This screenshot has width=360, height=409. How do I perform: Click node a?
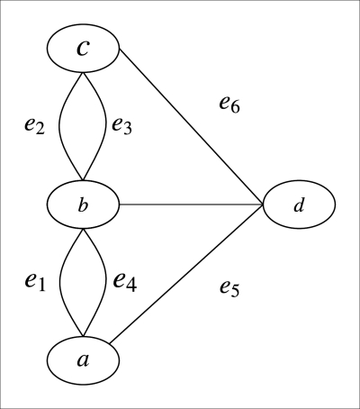click(x=83, y=359)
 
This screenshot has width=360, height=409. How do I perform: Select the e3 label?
click(x=122, y=126)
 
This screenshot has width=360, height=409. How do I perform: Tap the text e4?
click(x=125, y=281)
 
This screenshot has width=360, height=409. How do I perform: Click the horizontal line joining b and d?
click(x=189, y=204)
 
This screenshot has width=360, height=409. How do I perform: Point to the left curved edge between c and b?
click(x=59, y=126)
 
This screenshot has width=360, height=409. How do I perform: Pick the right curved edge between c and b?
click(x=106, y=126)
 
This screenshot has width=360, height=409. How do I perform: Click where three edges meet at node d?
click(x=263, y=204)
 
